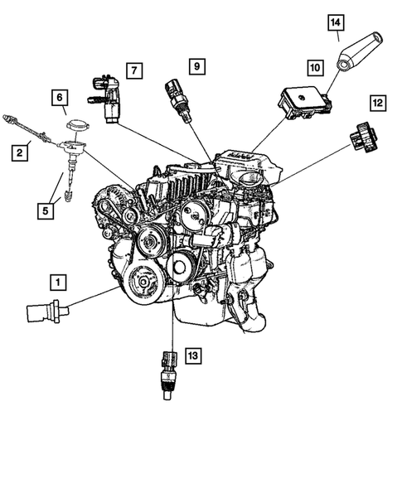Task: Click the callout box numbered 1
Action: tap(57, 283)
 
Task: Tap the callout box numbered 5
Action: tap(45, 210)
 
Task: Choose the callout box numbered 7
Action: tap(133, 71)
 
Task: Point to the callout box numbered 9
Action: tap(197, 65)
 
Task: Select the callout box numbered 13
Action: tap(192, 356)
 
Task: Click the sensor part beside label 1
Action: tap(41, 314)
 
